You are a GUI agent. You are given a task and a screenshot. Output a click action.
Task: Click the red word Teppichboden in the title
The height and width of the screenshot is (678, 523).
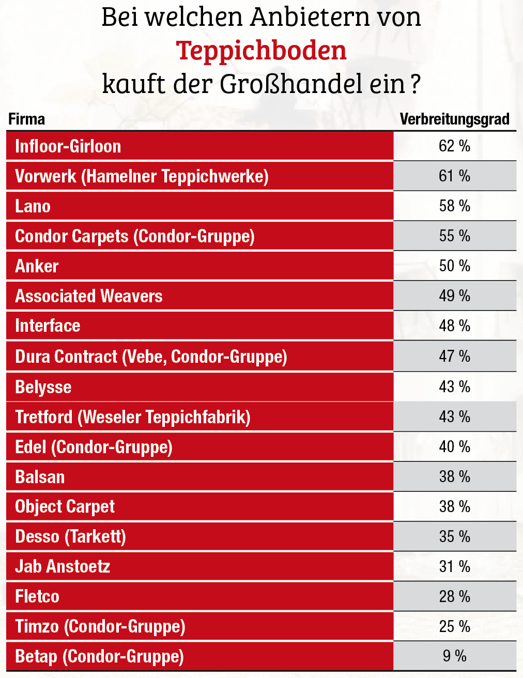tap(261, 51)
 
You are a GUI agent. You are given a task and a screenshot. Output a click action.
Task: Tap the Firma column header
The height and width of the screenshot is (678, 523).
tap(27, 119)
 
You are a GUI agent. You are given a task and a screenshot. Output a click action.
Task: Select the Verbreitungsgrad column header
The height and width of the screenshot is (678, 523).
tap(454, 119)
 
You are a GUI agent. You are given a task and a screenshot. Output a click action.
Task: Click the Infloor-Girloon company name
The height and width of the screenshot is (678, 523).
tap(68, 146)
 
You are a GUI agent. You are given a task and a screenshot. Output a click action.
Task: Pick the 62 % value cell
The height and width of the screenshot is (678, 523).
tap(454, 146)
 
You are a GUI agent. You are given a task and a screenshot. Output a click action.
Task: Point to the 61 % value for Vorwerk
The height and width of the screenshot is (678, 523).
tap(454, 176)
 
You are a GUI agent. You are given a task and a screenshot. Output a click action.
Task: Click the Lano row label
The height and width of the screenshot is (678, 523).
tap(33, 206)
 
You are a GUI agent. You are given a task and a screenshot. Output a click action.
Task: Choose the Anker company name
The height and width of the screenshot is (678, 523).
tap(37, 266)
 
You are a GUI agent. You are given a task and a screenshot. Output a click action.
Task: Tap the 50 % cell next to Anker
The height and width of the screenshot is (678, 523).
tap(454, 266)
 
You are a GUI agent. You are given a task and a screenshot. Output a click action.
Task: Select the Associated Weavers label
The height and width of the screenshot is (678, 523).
tap(89, 296)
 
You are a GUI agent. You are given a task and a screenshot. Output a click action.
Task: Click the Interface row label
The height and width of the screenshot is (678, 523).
tap(48, 326)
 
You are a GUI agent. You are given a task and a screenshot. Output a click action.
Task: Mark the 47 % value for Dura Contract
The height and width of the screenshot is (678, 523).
tap(454, 356)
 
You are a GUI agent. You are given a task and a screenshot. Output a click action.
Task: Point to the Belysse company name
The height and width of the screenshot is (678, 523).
tap(43, 387)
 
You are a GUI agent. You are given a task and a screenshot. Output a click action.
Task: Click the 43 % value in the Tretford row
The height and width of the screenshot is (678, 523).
tap(454, 417)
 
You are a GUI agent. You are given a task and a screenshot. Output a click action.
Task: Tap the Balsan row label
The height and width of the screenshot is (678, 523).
tap(40, 477)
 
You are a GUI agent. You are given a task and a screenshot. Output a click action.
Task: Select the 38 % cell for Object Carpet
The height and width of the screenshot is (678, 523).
tap(454, 506)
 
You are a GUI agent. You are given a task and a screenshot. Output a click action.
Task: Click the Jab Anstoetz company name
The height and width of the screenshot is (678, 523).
tap(63, 566)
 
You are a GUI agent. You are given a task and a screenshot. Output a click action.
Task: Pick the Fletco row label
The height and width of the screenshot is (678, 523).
tap(37, 596)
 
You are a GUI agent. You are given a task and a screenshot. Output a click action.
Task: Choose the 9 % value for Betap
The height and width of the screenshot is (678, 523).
tap(454, 656)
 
